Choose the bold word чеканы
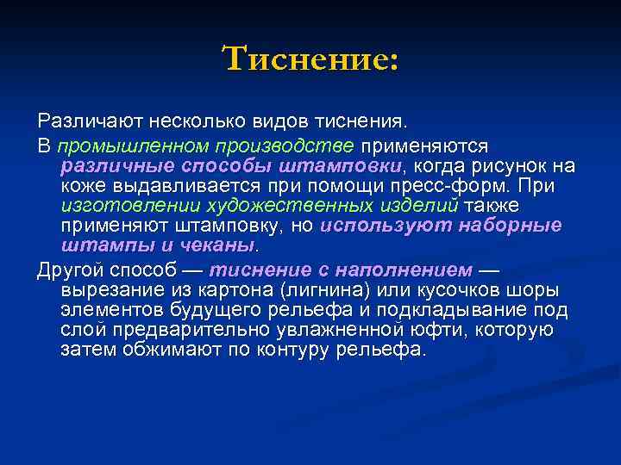point(223,245)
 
